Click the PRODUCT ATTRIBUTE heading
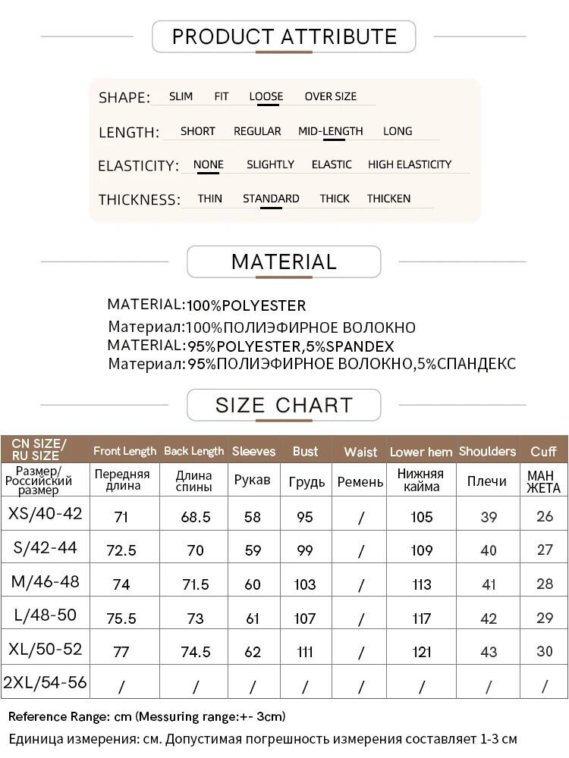coord(284,36)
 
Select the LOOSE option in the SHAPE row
coord(266,96)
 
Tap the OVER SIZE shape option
coord(330,96)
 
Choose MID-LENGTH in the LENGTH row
coord(330,131)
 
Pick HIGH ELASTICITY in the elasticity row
coord(409,164)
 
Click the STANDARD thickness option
coord(271,199)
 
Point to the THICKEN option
coord(388,199)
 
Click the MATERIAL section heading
coord(284,262)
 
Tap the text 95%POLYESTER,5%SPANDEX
coord(291,346)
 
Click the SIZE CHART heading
coord(284,405)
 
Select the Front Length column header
coord(124,451)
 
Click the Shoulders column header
coord(487,451)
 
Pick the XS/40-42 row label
coord(45,514)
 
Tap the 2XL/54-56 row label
coord(45,682)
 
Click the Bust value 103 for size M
coord(305,584)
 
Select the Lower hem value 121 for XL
coord(422,652)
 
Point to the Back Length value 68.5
coord(196,517)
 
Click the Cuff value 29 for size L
coord(545,618)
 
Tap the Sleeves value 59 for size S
coord(253,551)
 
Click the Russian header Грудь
coord(307,481)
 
